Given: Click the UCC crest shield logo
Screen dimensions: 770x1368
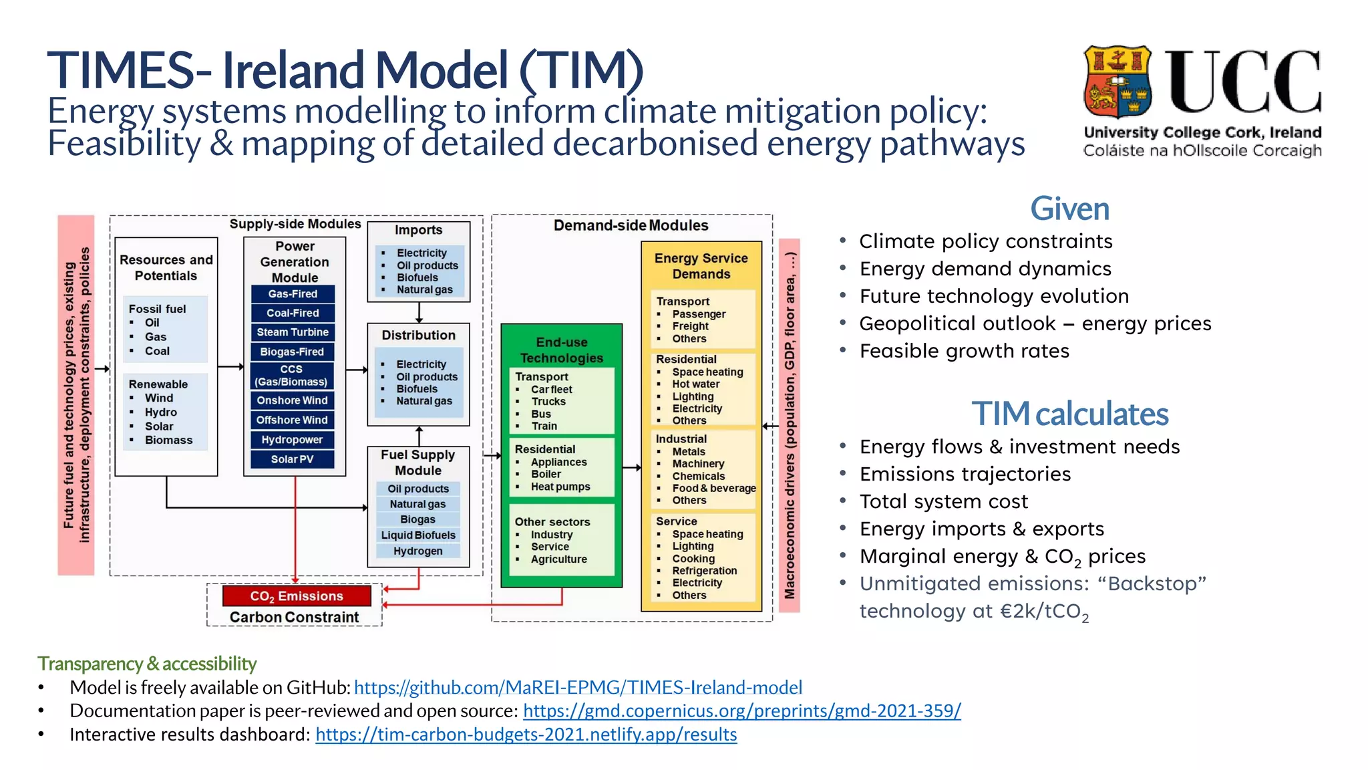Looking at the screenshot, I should [x=1118, y=82].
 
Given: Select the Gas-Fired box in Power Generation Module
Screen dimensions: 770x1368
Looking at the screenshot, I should [x=293, y=294].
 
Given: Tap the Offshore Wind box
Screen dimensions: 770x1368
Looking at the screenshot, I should [x=293, y=420].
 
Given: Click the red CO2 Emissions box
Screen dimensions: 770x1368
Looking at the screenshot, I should [x=297, y=596].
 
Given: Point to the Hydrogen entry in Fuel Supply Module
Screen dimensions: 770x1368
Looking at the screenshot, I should [x=417, y=551].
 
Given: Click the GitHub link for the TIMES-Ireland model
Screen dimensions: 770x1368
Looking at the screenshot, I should [x=578, y=687].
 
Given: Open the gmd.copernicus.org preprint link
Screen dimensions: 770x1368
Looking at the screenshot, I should [x=741, y=711].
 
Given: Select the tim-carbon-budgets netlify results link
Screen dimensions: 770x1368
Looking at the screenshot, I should [x=526, y=735].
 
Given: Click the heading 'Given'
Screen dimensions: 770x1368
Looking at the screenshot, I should [x=1069, y=209].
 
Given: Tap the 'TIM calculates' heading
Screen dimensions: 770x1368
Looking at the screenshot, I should [x=1069, y=414].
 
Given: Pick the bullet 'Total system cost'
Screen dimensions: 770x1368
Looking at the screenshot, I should [x=943, y=501].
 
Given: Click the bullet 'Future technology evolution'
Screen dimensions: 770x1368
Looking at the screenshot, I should [x=993, y=296].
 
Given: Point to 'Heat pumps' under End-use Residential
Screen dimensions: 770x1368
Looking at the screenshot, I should [x=560, y=487].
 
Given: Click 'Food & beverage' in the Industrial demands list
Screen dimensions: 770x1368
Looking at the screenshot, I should [x=713, y=488].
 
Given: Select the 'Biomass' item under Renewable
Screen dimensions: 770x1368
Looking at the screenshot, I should [x=168, y=440].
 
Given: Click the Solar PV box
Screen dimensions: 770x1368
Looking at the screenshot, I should [x=293, y=459].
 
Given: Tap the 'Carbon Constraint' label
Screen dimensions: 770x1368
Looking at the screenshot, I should [x=294, y=617].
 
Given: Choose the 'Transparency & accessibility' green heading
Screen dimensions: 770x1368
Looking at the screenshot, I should [x=147, y=663].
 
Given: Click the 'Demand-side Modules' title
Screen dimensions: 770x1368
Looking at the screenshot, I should [x=631, y=225].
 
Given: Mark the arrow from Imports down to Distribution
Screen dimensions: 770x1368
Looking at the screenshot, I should [x=419, y=312].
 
